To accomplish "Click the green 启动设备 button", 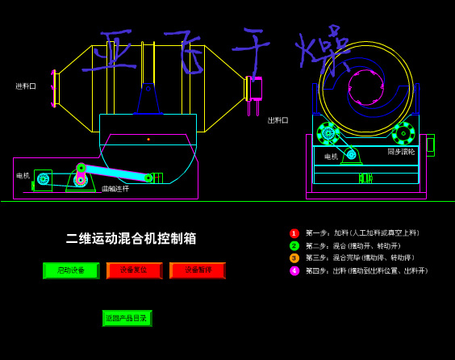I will click(70, 270).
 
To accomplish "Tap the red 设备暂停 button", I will click(197, 270).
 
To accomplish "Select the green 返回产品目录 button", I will click(127, 318).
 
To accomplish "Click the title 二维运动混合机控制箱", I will click(131, 238).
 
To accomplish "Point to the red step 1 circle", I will click(294, 233).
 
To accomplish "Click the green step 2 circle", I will click(294, 245).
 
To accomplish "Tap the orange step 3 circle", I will click(294, 258).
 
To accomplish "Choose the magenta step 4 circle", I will click(294, 271).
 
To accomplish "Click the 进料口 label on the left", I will click(26, 86).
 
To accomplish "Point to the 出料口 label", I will click(278, 120).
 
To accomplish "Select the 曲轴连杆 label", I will click(115, 189).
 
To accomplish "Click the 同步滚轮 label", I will click(401, 152).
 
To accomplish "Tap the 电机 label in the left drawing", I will click(23, 175).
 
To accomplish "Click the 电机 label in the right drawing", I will click(331, 157).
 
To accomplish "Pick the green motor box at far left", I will click(43, 179).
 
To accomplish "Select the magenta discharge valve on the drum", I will click(256, 88).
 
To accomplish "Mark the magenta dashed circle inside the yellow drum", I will click(365, 87).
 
